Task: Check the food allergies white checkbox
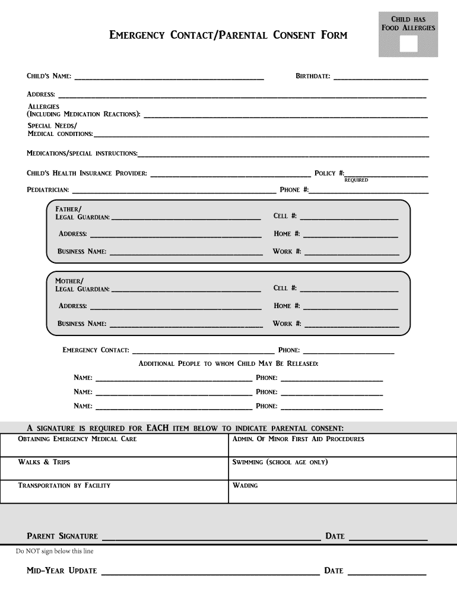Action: point(408,45)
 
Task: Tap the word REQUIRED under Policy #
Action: point(356,180)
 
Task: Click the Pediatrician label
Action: point(47,190)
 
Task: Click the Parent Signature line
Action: point(211,538)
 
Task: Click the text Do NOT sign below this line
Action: point(55,551)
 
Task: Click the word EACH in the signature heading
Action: point(157,427)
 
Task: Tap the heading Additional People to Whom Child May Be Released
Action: point(228,363)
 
